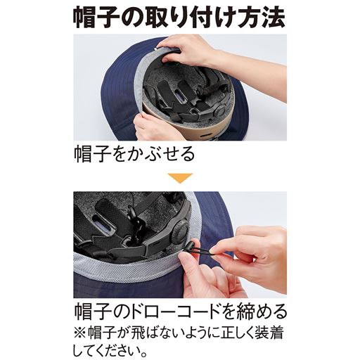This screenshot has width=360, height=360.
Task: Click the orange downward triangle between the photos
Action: click(179, 178)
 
